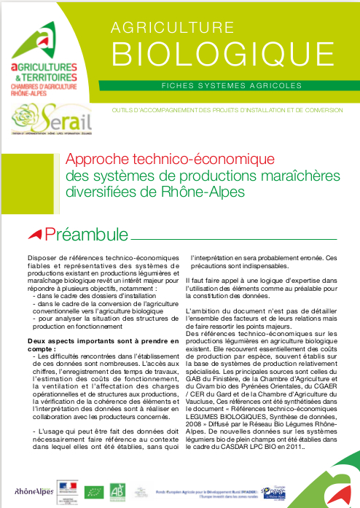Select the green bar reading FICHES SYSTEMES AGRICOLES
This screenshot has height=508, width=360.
tap(232, 85)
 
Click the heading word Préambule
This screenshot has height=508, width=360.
tap(86, 234)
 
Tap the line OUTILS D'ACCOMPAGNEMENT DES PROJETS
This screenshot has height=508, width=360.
tap(226, 110)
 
